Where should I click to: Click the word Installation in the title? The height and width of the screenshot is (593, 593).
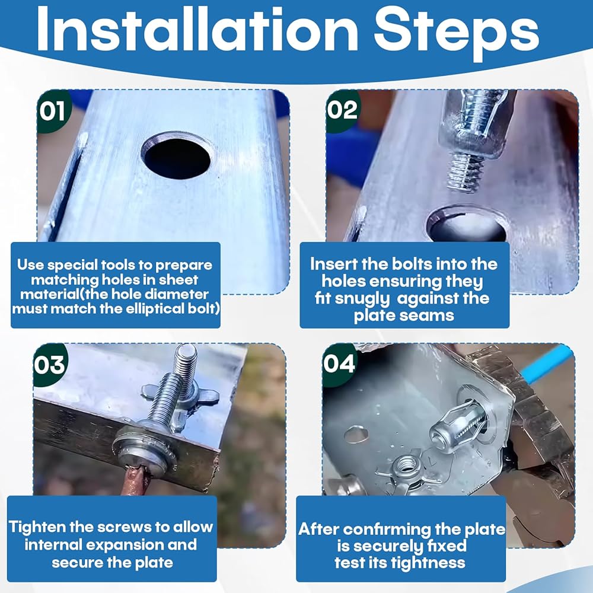(x=197, y=30)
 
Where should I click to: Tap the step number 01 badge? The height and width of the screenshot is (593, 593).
(x=52, y=111)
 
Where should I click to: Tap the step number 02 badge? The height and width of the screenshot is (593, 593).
(x=342, y=110)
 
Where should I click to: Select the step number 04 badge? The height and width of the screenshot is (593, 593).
(x=339, y=364)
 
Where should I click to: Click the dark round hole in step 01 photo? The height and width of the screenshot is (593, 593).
(x=177, y=158)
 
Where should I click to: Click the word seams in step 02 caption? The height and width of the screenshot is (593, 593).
(x=431, y=316)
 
